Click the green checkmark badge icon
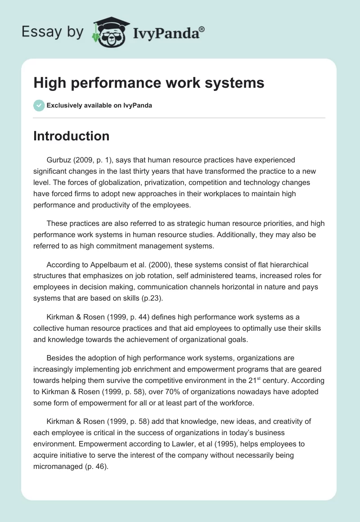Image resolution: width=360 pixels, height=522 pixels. (39, 105)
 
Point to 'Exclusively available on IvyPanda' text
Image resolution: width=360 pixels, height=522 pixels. (99, 106)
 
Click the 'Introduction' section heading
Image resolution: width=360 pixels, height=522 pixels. (71, 136)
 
